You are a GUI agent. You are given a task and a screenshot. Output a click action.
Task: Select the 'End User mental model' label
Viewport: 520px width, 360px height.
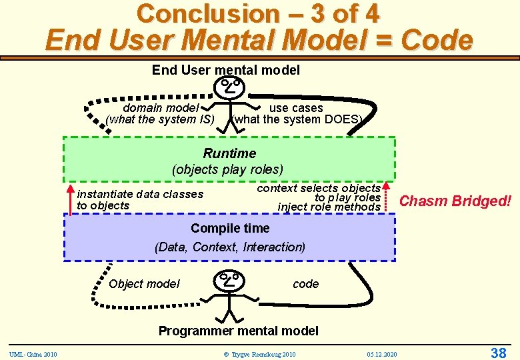point(226,70)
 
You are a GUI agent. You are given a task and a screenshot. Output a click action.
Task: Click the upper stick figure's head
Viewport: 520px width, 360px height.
point(229,87)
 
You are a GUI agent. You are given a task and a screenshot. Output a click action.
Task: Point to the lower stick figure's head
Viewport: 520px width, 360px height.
point(229,279)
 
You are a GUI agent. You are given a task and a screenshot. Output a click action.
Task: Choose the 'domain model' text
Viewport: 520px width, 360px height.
point(161,108)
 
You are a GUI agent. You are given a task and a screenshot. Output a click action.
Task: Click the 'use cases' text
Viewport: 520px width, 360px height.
point(296,108)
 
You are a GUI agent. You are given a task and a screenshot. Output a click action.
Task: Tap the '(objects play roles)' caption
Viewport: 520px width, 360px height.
point(227,169)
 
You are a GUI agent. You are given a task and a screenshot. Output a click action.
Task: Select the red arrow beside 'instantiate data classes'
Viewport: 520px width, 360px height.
point(71,199)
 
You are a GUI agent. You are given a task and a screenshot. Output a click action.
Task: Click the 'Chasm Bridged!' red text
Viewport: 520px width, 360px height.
point(455,201)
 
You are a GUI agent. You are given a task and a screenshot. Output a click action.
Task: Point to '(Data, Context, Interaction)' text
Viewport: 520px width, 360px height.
point(230,247)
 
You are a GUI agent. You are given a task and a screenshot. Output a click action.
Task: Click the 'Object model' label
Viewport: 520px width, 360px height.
point(144,284)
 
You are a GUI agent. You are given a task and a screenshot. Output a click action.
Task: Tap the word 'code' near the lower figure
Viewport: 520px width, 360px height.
point(305,284)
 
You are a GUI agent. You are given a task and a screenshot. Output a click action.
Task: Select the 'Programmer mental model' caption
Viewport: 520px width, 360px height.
point(238,331)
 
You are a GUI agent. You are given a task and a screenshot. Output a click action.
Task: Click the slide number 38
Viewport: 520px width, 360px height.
point(498,353)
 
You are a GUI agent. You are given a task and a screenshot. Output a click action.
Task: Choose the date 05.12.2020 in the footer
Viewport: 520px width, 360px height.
point(381,353)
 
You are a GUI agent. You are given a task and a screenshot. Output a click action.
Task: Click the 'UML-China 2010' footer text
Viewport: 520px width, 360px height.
point(33,353)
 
